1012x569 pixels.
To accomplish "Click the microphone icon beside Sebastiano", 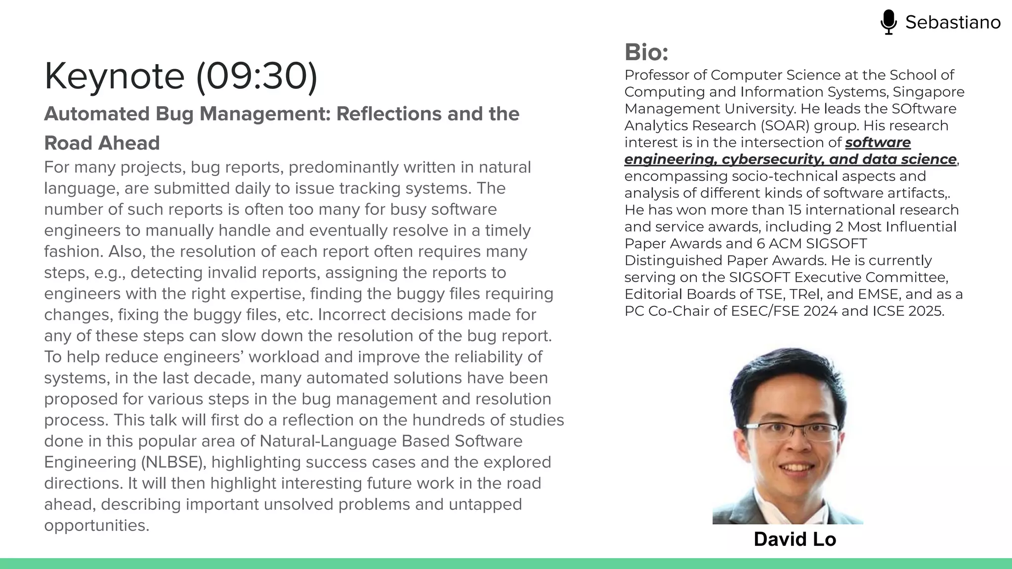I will coord(888,22).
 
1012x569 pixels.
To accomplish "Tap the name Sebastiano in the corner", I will coord(953,22).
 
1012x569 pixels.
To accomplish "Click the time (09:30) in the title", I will coord(256,76).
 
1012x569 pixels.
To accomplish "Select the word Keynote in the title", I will coord(114,76).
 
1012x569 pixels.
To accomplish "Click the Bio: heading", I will coord(646,52).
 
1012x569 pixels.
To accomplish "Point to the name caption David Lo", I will coord(795,539).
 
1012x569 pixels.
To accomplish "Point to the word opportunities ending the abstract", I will coord(96,526).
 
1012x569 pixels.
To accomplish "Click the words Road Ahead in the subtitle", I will coord(102,143).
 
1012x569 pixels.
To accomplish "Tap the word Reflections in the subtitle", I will coord(389,114).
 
